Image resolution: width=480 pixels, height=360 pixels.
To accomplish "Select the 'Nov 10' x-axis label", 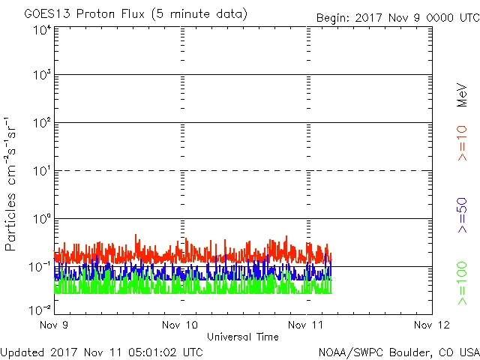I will tap(180, 325).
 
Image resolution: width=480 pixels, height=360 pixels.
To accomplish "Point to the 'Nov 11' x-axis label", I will tap(307, 325).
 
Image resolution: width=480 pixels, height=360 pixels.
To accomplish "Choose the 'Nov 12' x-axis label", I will tap(432, 325).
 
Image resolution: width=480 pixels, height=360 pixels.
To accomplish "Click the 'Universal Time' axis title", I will tap(242, 337).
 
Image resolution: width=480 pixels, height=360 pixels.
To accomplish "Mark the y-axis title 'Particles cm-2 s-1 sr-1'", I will tap(12, 183).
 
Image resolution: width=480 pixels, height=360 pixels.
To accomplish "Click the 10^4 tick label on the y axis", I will tap(41, 31).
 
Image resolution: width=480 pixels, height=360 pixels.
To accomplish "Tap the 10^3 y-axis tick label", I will tap(41, 76).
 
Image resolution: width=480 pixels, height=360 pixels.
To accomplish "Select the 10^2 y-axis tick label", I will tap(41, 124).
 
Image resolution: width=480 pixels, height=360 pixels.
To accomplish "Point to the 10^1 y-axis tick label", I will tap(41, 172).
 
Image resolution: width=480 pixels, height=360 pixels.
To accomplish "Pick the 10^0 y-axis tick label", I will tap(41, 220).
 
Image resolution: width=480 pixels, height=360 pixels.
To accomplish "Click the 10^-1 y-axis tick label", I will tap(40, 268).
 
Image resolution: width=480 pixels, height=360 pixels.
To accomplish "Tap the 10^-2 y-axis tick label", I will tap(40, 308).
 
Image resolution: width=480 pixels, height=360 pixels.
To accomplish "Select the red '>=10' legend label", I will tap(462, 142).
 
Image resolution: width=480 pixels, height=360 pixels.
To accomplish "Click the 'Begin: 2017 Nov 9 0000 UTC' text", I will tap(396, 17).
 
